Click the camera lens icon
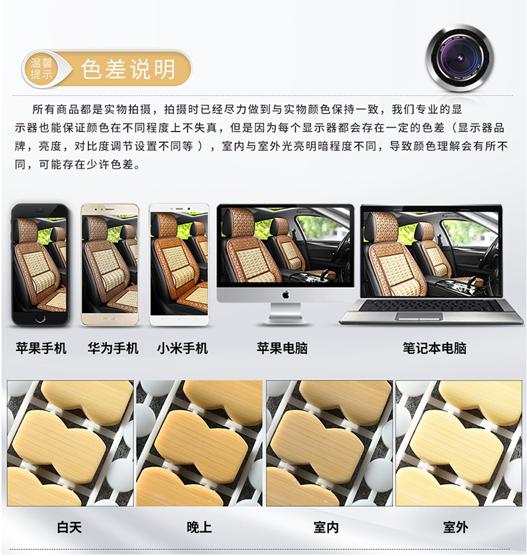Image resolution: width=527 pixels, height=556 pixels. [460, 57]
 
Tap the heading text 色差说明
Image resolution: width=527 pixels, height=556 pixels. [128, 69]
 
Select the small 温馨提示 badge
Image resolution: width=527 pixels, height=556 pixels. [41, 69]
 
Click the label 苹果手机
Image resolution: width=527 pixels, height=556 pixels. [41, 348]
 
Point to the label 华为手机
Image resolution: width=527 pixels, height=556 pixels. [113, 348]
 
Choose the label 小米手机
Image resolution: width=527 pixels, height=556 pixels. [183, 348]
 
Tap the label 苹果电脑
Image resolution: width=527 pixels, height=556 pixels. [282, 348]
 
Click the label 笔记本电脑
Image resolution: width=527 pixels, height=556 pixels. [434, 348]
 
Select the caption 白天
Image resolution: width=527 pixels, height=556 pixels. [69, 527]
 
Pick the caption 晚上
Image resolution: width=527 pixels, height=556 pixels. [199, 527]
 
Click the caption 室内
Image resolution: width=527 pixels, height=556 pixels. [326, 527]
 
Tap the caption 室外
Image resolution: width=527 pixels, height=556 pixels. [456, 527]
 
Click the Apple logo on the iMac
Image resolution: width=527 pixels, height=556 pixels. [286, 294]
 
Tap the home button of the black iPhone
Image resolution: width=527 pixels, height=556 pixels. [40, 318]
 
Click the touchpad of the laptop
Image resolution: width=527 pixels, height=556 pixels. [419, 316]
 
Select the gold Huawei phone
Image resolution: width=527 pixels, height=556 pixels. [109, 264]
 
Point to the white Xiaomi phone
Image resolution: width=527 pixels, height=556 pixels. [179, 264]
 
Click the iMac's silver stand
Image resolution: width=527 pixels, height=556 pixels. [286, 314]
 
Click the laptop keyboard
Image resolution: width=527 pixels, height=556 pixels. [431, 305]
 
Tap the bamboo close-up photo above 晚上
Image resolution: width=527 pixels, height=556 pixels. [199, 443]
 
